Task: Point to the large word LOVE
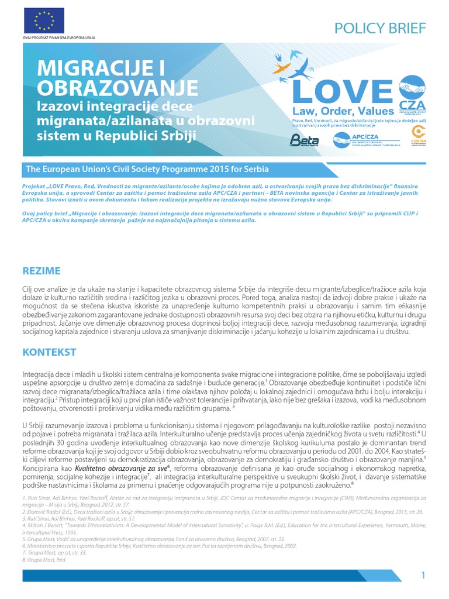pyautogui.click(x=342, y=93)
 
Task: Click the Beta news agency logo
pyautogui.click(x=304, y=140)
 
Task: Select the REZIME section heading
pyautogui.click(x=41, y=271)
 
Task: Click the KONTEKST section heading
pyautogui.click(x=50, y=352)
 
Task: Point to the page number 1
pyautogui.click(x=423, y=576)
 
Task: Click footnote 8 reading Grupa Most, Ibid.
pyautogui.click(x=44, y=560)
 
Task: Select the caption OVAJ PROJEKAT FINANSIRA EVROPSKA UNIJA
pyautogui.click(x=58, y=37)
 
